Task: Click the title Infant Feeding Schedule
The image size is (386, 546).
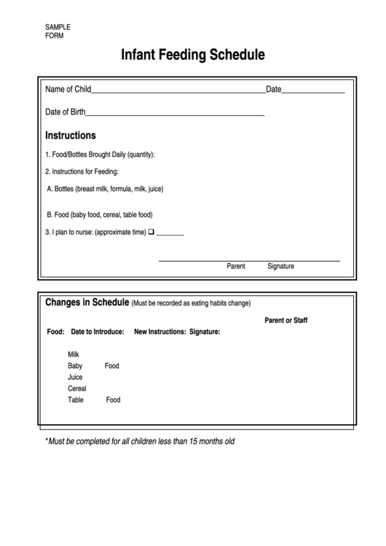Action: pos(192,55)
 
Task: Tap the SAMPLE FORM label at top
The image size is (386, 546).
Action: pos(58,31)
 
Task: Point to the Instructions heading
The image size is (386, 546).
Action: pos(71,136)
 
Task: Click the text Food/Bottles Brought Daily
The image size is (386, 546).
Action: pos(100,155)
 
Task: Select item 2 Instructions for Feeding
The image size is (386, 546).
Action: pos(82,172)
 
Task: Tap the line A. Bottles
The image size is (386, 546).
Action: pos(105,189)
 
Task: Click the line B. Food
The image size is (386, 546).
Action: pos(99,215)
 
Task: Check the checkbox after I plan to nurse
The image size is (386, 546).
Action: pos(151,233)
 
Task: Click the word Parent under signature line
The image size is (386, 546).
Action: pos(236,266)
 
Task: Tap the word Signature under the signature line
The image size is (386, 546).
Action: pos(280,266)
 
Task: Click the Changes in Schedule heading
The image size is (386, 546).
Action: pos(87,303)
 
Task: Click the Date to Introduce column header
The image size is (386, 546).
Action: pos(97,332)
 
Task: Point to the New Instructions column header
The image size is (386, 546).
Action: pos(159,332)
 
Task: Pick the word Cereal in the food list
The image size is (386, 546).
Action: pos(77,389)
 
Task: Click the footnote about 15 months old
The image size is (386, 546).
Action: pos(140,441)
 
